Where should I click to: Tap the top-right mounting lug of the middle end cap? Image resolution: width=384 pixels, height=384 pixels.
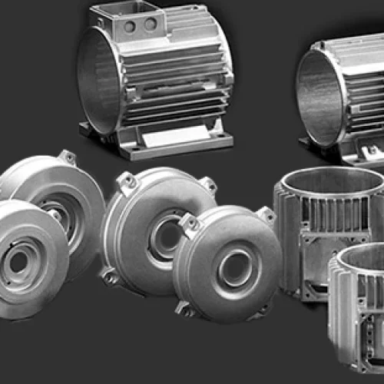[207, 185]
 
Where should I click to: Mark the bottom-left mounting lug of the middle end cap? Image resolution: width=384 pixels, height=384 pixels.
[110, 276]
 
